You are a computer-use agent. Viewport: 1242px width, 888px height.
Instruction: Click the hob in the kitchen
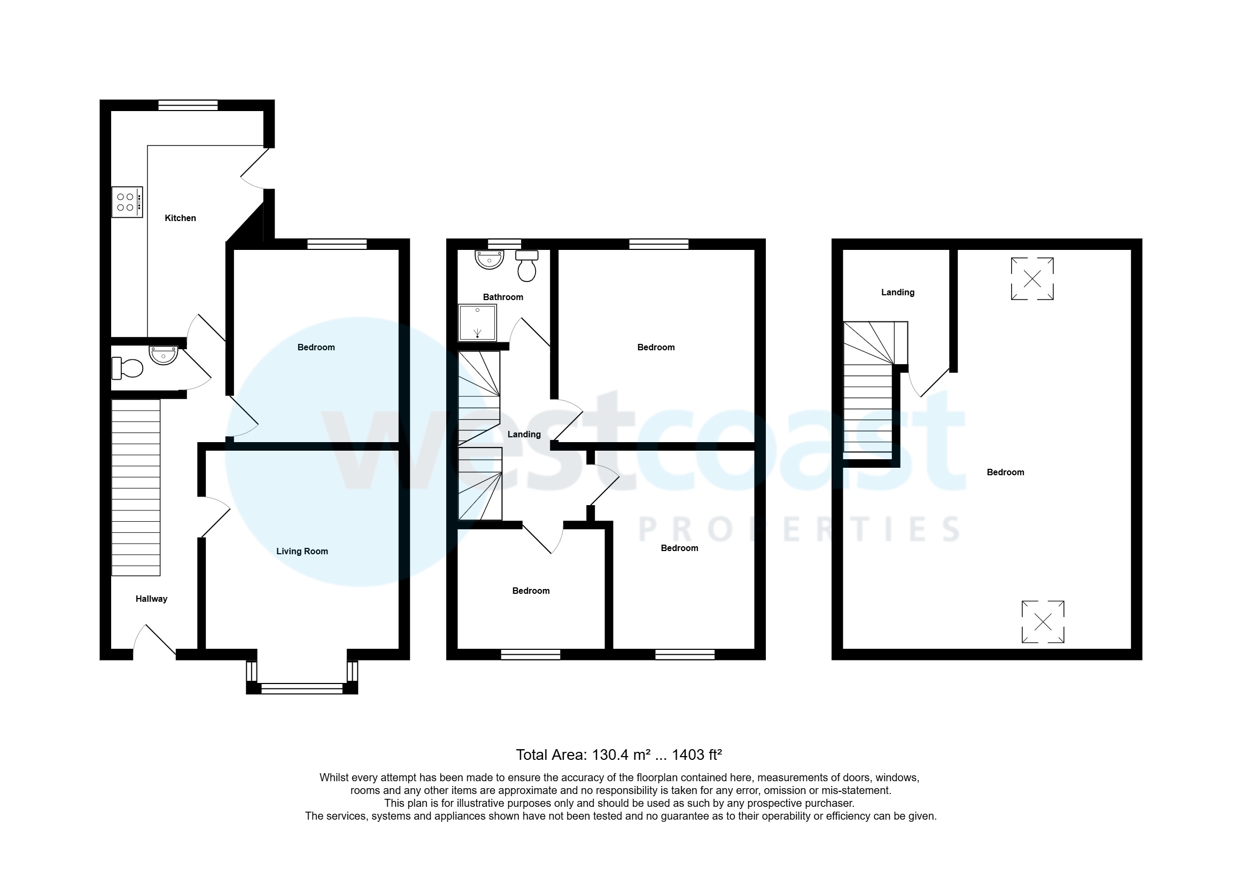(x=127, y=202)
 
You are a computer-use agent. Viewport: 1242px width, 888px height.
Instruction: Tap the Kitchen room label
(x=180, y=218)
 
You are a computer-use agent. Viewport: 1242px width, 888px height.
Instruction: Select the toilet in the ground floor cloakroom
(x=127, y=367)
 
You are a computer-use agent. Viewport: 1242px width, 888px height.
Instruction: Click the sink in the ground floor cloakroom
(x=163, y=356)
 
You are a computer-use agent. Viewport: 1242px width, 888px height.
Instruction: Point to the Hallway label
(x=151, y=599)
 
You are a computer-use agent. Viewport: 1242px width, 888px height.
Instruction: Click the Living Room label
(x=302, y=551)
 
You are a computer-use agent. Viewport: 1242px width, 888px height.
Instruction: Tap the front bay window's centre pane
(x=301, y=688)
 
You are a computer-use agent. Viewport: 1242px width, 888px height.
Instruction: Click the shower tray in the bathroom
(x=477, y=322)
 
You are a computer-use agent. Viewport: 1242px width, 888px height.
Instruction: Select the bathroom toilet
(x=526, y=266)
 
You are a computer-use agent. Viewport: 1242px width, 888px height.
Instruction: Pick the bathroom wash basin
(x=489, y=260)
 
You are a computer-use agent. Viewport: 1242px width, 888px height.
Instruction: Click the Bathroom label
(x=503, y=297)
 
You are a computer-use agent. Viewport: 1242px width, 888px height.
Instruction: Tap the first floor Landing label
(x=524, y=434)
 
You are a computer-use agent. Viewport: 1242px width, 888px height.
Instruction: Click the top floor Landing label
(x=897, y=292)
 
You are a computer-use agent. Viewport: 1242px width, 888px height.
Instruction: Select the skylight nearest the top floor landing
(x=1032, y=279)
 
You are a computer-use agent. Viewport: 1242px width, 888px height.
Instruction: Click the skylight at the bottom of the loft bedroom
(x=1043, y=622)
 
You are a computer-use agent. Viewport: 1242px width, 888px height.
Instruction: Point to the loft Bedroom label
(x=1005, y=472)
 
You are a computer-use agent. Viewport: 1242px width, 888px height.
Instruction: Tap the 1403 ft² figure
(x=696, y=755)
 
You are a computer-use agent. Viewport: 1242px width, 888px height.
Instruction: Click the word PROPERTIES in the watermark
(x=799, y=529)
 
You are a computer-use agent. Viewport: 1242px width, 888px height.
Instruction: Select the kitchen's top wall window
(x=188, y=105)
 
